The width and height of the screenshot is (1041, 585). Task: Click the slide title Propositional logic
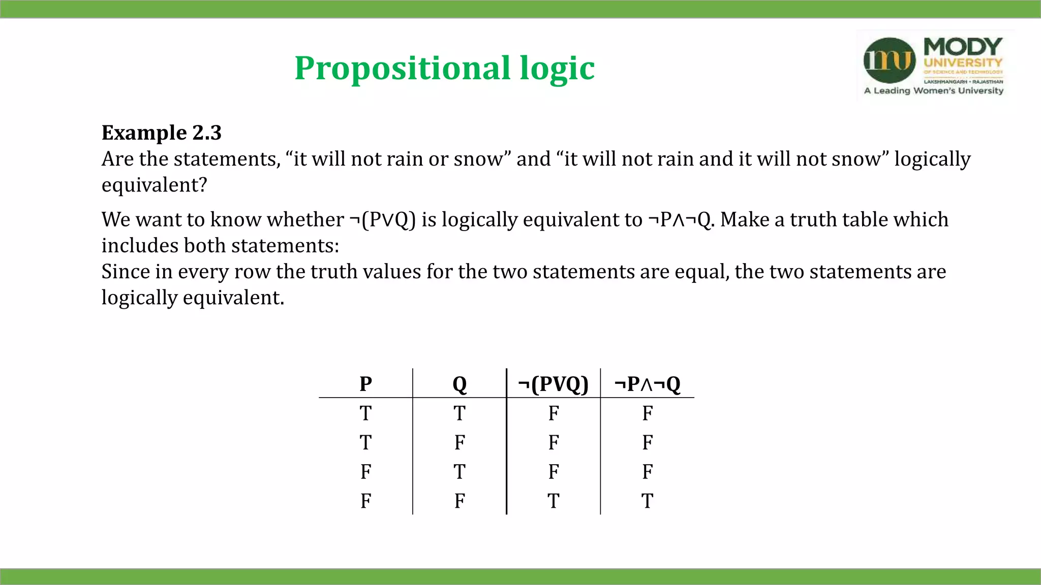[444, 68]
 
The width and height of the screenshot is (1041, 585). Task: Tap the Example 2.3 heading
[162, 133]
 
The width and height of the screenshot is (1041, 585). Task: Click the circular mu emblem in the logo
[890, 60]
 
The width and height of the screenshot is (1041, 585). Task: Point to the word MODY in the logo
[963, 47]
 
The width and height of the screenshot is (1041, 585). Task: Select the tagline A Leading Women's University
[934, 91]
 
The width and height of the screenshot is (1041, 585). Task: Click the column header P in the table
[365, 384]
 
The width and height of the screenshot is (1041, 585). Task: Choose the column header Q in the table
[460, 384]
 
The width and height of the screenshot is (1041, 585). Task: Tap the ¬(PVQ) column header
[553, 384]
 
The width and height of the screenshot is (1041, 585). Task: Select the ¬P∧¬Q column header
[647, 384]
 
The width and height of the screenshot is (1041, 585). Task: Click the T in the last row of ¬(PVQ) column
[553, 501]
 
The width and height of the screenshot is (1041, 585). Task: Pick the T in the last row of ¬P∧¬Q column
[647, 501]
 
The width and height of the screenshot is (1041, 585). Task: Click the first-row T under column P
[365, 413]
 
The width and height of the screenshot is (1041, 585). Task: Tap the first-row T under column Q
[460, 413]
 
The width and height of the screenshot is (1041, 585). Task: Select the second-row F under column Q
[460, 443]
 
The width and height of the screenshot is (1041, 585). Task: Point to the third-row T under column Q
[460, 472]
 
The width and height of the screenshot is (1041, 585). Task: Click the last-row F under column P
[365, 501]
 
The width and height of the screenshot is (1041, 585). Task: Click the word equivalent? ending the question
[155, 185]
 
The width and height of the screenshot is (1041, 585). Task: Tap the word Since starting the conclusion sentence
[125, 272]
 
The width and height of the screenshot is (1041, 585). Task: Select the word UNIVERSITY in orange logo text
[963, 63]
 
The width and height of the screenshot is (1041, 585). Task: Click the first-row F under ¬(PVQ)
[553, 413]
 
